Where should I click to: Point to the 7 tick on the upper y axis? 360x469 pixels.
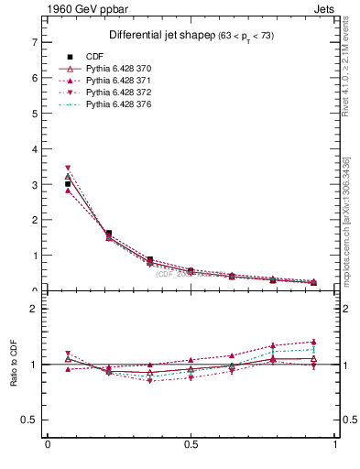[x=34, y=42]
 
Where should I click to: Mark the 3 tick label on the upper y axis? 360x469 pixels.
[x=34, y=185]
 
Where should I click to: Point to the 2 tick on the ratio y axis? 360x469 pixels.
[x=34, y=309]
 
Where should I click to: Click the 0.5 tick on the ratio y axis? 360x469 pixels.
[x=31, y=420]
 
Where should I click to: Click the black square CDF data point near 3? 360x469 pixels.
[x=68, y=184]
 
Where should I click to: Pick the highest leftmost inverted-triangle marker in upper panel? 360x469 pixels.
[x=68, y=169]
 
